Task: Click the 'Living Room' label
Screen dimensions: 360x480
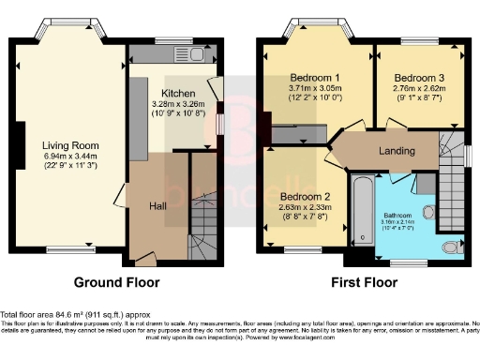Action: pyautogui.click(x=70, y=144)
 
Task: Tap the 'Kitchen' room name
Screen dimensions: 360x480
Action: pyautogui.click(x=178, y=94)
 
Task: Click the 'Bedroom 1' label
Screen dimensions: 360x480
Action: pyautogui.click(x=316, y=76)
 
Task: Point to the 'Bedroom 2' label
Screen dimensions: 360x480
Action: pyautogui.click(x=304, y=196)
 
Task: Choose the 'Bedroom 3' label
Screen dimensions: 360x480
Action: pyautogui.click(x=418, y=76)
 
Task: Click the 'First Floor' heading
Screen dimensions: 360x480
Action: pyautogui.click(x=360, y=281)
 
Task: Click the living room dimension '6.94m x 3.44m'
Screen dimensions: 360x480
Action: pyautogui.click(x=70, y=156)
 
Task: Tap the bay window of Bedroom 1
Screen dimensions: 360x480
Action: pyautogui.click(x=317, y=24)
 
